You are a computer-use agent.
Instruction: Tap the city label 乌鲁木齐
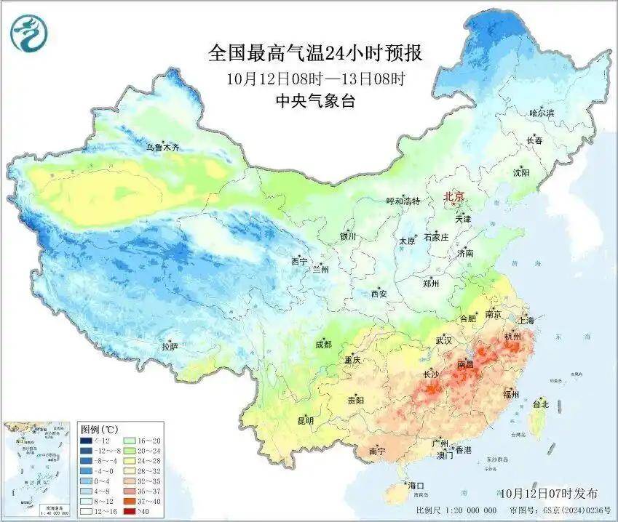click(162, 148)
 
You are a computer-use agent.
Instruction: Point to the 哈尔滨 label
click(542, 113)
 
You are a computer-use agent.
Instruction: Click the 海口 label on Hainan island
click(416, 485)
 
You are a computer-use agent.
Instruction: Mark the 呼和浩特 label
click(403, 201)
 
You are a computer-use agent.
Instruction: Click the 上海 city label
click(526, 321)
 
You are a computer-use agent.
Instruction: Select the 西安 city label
click(379, 294)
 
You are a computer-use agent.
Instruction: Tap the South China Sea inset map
click(37, 468)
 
